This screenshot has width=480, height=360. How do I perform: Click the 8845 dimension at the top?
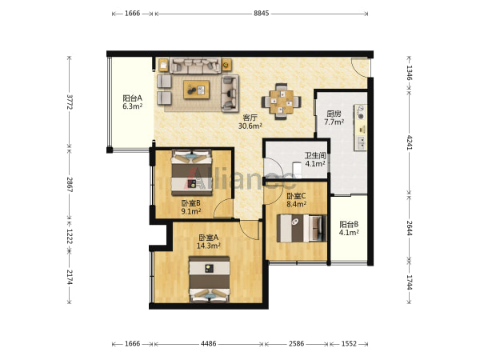[261, 13]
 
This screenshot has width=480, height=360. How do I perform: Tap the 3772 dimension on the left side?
[70, 102]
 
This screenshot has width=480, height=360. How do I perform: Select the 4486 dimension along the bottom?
[208, 344]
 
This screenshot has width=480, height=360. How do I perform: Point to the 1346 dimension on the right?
[409, 73]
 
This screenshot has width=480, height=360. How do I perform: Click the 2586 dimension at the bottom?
[296, 344]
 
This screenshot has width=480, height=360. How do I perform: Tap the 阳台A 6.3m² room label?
[133, 102]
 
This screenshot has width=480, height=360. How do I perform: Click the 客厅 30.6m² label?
[250, 122]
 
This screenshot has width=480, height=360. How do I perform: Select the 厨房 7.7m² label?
[334, 118]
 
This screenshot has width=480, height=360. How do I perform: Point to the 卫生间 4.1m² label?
[314, 159]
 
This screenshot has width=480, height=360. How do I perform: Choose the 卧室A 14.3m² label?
[209, 242]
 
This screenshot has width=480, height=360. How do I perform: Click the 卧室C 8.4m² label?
[296, 200]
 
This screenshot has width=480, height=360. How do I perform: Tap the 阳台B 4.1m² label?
[349, 228]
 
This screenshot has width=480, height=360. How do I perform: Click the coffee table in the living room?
[197, 90]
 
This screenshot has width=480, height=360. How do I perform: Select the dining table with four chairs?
[281, 101]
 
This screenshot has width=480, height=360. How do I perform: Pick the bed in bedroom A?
[210, 279]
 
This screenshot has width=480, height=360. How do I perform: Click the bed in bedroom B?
[192, 172]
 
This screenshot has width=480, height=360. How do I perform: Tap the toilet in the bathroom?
[297, 170]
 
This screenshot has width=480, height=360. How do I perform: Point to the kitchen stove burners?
[361, 112]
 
